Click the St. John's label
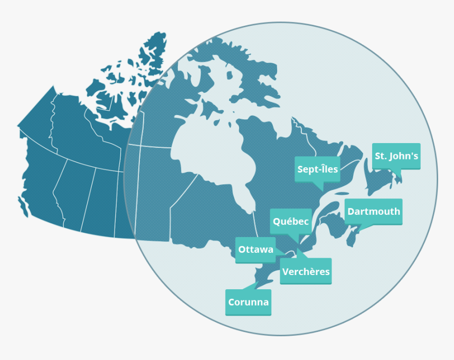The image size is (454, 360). click(396, 156)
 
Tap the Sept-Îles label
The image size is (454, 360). click(317, 169)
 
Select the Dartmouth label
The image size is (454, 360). click(373, 212)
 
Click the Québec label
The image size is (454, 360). click(290, 222)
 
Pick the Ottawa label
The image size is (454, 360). click(256, 250)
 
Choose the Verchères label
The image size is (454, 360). click(306, 272)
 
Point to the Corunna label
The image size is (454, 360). click(248, 302)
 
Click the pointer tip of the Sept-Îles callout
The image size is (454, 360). click(318, 190)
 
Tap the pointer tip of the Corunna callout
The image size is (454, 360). click(258, 282)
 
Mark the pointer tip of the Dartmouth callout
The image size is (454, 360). click(360, 231)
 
